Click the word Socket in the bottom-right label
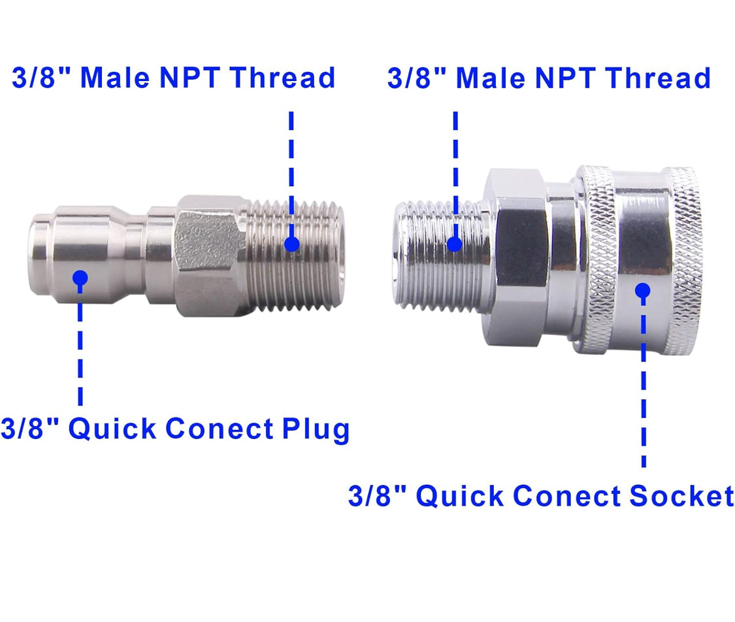tap(681, 496)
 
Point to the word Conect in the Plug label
tap(220, 429)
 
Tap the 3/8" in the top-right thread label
tap(417, 78)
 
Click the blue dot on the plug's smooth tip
tap(80, 278)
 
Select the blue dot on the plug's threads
tap(292, 244)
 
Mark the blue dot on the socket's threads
tap(455, 244)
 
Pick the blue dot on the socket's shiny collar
tap(644, 290)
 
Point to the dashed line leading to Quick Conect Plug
tap(80, 346)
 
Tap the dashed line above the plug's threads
tap(291, 170)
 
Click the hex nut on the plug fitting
tap(210, 252)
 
